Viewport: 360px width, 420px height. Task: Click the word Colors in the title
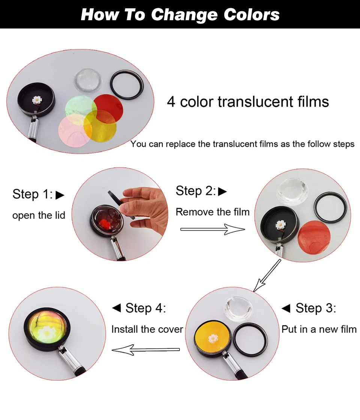point(252,15)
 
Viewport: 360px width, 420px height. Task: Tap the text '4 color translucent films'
point(248,102)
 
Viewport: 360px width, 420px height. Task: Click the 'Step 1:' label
point(38,194)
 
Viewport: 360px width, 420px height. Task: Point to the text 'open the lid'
point(39,215)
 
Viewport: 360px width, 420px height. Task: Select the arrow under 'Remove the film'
point(213,229)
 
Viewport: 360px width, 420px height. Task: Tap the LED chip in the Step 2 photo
point(280,225)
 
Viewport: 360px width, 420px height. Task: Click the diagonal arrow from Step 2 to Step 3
point(267,275)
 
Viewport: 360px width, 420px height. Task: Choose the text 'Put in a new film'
point(319,329)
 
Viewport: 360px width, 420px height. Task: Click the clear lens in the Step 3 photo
point(238,309)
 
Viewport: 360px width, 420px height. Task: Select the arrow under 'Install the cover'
point(146,350)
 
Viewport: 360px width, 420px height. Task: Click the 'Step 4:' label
point(139,308)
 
